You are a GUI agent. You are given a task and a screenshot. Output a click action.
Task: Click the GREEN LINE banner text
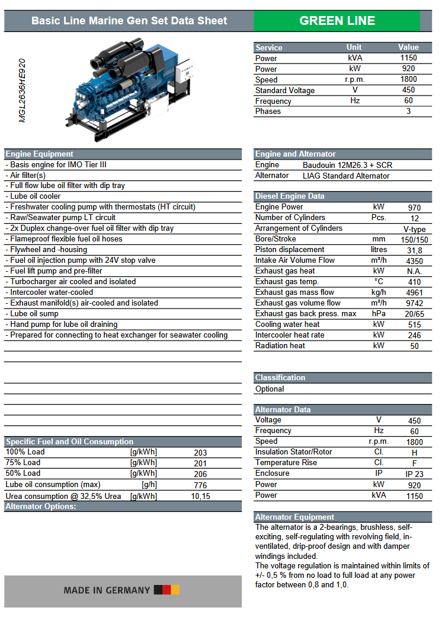tap(337, 21)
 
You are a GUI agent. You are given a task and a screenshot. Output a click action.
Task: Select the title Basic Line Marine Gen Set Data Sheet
tap(129, 21)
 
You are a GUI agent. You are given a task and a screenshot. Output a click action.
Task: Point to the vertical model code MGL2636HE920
tap(23, 90)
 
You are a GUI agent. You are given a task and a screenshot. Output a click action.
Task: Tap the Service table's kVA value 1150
tap(408, 58)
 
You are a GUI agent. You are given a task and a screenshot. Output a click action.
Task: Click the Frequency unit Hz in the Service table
tap(355, 101)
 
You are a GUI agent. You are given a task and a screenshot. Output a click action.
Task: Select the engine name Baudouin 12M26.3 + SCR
tap(347, 165)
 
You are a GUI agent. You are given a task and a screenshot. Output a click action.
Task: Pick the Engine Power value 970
tap(414, 208)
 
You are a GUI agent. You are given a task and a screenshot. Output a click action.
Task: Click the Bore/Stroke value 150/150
tap(414, 240)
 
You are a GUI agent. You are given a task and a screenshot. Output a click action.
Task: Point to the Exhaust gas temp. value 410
tap(414, 282)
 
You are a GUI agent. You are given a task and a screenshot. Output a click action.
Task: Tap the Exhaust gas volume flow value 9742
tap(414, 303)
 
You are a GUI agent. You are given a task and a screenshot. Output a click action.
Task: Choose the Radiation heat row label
tap(280, 346)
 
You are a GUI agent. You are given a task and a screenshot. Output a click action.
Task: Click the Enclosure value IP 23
tap(414, 474)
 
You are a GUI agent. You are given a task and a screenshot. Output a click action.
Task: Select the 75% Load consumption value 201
tap(200, 463)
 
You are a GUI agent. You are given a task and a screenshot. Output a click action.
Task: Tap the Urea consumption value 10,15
tap(200, 496)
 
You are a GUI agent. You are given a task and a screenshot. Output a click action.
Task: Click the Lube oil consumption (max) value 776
tap(200, 485)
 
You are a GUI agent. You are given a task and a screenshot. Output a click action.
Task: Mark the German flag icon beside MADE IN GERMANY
tap(166, 590)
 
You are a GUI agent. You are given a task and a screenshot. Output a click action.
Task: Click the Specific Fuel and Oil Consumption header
tap(69, 441)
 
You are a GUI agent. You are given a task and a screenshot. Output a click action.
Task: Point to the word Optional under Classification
tap(270, 389)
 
